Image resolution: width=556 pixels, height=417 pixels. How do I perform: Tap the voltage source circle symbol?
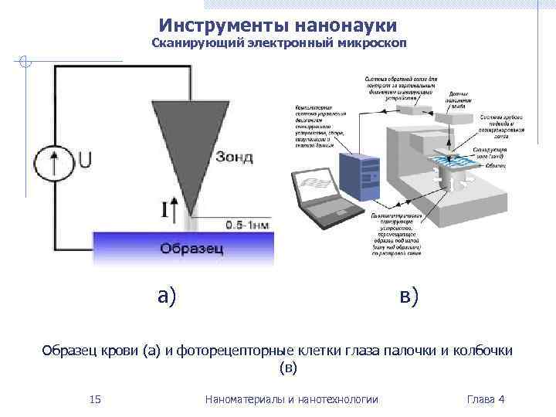coord(53,161)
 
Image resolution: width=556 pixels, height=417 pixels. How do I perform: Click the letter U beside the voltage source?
coord(85,160)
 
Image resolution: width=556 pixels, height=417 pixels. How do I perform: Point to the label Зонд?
coord(233,158)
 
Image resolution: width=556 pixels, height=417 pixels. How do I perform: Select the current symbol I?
coord(164,208)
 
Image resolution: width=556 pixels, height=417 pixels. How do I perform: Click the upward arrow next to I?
coord(176,208)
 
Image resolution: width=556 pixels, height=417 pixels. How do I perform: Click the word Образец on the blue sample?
coord(192,249)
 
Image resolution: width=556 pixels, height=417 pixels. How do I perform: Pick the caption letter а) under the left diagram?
coord(167,295)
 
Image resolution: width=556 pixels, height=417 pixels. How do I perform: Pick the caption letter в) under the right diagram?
coord(409,295)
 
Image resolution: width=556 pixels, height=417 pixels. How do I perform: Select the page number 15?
coord(95,399)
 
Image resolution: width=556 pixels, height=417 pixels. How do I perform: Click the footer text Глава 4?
coord(486,399)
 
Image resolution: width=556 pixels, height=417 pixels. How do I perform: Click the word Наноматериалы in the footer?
coord(243,399)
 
